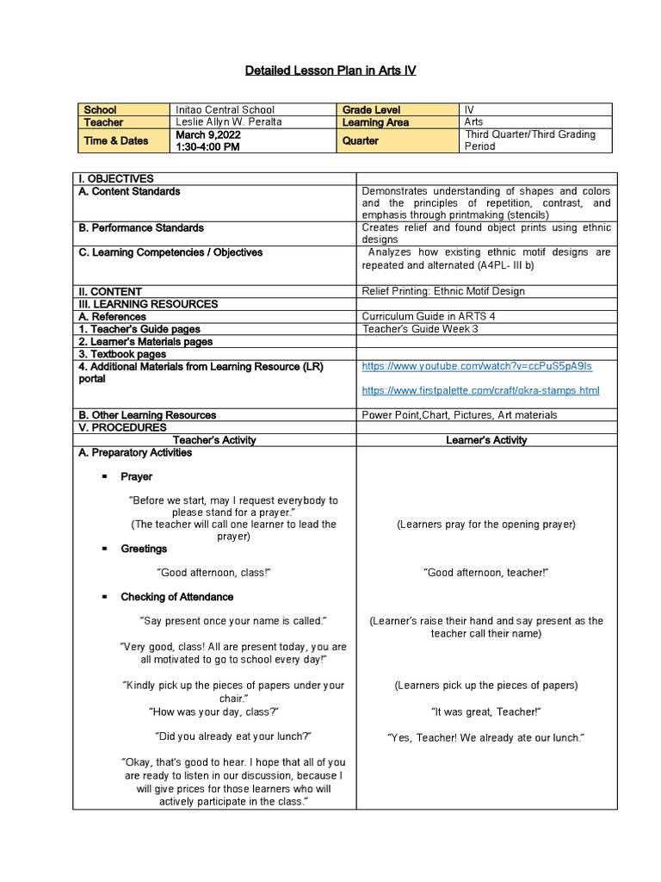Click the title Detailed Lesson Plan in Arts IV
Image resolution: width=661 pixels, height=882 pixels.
(330, 70)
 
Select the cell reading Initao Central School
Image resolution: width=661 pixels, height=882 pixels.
(225, 110)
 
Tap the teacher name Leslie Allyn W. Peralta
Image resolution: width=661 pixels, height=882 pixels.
(228, 122)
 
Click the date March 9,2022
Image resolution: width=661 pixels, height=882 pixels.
(208, 134)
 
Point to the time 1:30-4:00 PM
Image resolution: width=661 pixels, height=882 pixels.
(207, 147)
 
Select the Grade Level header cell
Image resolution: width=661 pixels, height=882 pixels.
(372, 110)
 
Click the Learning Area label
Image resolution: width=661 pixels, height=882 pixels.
(375, 122)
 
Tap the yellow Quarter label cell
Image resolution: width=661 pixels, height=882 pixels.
(361, 140)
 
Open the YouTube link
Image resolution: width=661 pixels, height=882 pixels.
(477, 366)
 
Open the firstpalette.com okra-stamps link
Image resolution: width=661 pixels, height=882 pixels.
(480, 390)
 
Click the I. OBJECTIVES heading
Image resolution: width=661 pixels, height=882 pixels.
(115, 178)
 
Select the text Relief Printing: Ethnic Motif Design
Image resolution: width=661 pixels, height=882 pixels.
(443, 291)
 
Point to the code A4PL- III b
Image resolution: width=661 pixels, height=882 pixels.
(503, 265)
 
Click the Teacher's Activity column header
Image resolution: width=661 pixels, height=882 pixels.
(214, 440)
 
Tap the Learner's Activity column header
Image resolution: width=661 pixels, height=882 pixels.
(486, 440)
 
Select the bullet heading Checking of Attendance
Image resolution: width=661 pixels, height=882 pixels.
(176, 597)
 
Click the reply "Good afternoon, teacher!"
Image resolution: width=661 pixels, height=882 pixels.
(486, 573)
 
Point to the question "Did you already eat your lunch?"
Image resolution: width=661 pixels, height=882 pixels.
(233, 736)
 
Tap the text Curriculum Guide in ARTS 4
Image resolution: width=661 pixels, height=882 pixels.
(429, 316)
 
